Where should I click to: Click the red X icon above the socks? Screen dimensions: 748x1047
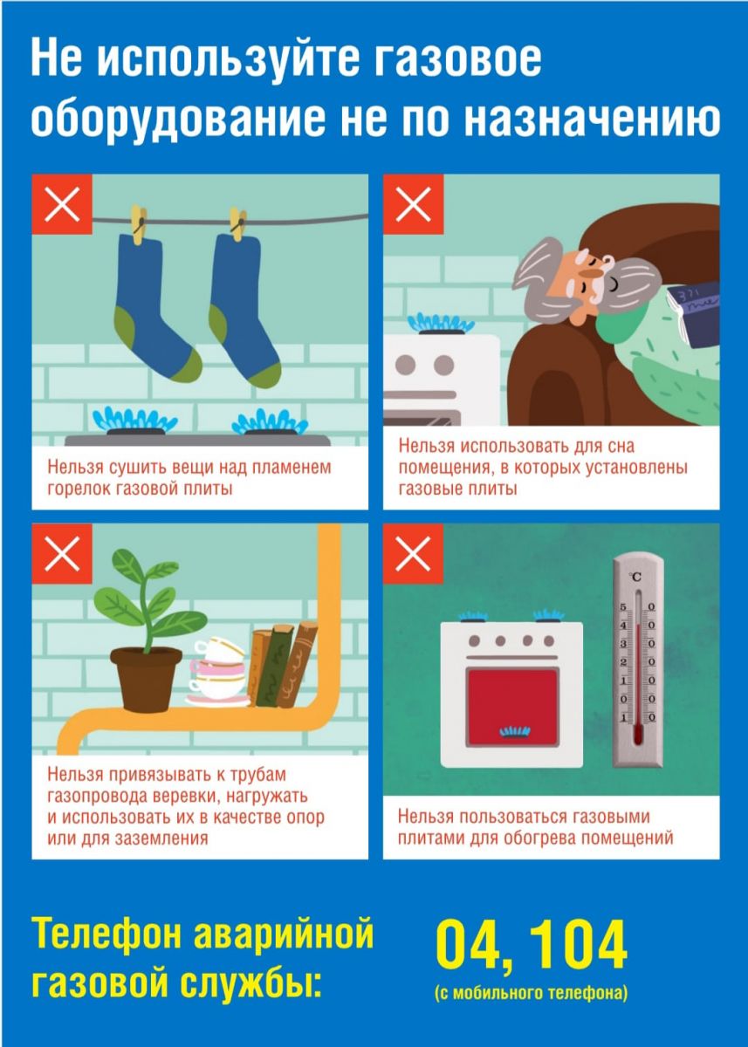coord(62,204)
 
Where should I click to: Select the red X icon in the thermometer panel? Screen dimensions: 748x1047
coord(413,553)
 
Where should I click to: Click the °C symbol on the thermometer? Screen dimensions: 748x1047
coord(636,578)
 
